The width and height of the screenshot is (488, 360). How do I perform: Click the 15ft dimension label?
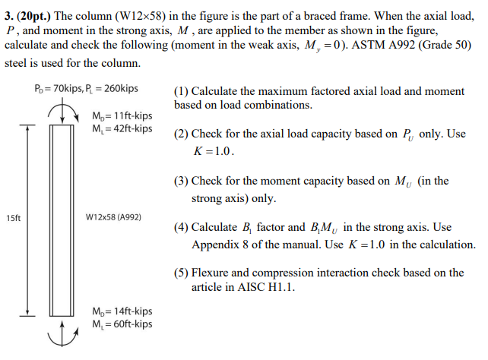[13, 219]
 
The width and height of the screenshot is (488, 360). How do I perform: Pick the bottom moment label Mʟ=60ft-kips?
[122, 324]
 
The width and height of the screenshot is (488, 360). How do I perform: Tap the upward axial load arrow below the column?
[61, 330]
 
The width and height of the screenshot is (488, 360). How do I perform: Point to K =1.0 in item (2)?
[214, 150]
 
